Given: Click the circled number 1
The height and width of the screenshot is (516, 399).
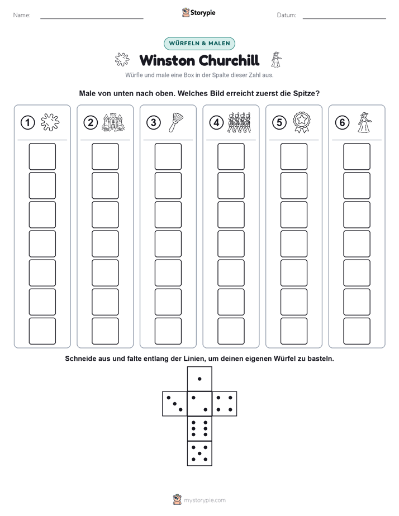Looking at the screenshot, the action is pyautogui.click(x=27, y=123).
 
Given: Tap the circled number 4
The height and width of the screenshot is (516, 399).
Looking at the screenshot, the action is pyautogui.click(x=216, y=123).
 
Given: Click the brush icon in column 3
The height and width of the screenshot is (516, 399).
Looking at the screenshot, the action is pyautogui.click(x=176, y=122).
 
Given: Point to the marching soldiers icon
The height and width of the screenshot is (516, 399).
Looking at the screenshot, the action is pyautogui.click(x=239, y=122).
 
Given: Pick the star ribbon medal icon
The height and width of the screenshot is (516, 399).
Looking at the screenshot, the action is pyautogui.click(x=302, y=122).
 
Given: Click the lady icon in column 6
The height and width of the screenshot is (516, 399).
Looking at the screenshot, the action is pyautogui.click(x=364, y=122).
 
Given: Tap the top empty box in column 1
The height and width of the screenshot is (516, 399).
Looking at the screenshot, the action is pyautogui.click(x=42, y=156).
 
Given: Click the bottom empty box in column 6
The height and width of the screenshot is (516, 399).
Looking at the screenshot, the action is pyautogui.click(x=357, y=331).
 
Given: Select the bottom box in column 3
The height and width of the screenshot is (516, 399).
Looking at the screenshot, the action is pyautogui.click(x=168, y=331).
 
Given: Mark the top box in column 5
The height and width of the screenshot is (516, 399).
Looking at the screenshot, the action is pyautogui.click(x=293, y=156).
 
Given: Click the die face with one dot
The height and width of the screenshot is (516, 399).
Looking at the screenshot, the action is pyautogui.click(x=199, y=379).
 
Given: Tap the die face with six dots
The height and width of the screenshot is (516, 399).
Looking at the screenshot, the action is pyautogui.click(x=199, y=428).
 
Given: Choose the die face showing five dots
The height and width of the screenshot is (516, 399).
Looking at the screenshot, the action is pyautogui.click(x=199, y=453).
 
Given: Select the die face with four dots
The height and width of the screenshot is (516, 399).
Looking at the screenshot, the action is pyautogui.click(x=225, y=404).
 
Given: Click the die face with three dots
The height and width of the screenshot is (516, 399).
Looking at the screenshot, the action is pyautogui.click(x=175, y=404).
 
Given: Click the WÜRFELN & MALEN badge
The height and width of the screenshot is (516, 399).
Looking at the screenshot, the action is pyautogui.click(x=199, y=44).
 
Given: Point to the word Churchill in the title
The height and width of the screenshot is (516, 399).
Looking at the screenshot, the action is pyautogui.click(x=229, y=60).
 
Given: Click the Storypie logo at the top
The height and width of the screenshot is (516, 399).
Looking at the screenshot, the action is pyautogui.click(x=199, y=12).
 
